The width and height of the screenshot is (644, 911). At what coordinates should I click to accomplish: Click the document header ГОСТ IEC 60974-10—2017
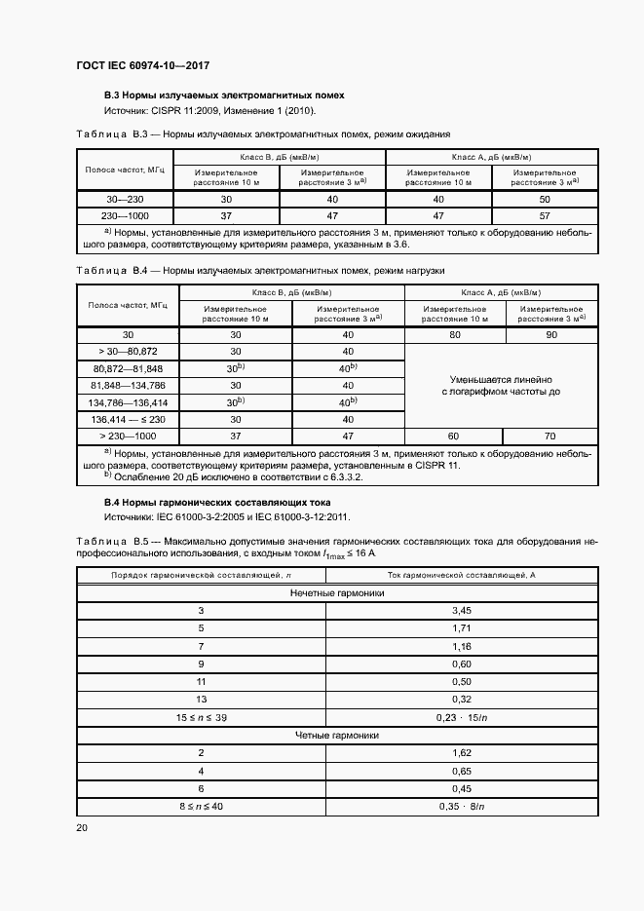click(142, 66)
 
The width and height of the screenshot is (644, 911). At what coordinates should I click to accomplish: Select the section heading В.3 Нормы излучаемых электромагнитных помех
click(224, 95)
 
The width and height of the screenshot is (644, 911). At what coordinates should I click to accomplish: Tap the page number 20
click(82, 827)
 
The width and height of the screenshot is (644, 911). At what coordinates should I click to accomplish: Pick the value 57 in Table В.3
click(546, 215)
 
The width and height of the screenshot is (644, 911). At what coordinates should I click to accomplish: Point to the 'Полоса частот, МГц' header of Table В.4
click(128, 304)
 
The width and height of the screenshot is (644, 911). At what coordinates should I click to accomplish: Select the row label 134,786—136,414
click(128, 401)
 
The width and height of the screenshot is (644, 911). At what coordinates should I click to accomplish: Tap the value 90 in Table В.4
click(552, 334)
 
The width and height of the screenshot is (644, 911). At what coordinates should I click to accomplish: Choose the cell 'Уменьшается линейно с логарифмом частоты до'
click(502, 385)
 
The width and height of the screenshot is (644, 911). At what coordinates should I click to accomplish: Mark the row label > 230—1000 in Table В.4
click(128, 436)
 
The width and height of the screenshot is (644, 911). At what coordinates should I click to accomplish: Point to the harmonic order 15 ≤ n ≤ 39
click(201, 717)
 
